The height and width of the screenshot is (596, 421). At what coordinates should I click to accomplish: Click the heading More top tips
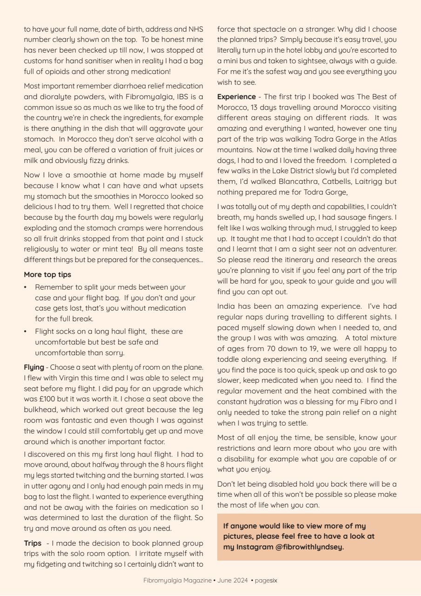point(47,274)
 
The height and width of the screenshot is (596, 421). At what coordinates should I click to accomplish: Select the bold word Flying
point(34,367)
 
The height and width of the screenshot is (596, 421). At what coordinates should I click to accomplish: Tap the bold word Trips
point(33,543)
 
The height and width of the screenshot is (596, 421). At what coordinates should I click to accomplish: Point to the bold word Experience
point(236,97)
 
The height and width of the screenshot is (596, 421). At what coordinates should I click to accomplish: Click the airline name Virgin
point(69,378)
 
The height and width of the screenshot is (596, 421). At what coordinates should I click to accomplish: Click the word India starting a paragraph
point(227,306)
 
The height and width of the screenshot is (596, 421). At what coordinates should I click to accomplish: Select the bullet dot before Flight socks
point(26,332)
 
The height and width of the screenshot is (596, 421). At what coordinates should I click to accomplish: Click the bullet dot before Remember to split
point(26,287)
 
